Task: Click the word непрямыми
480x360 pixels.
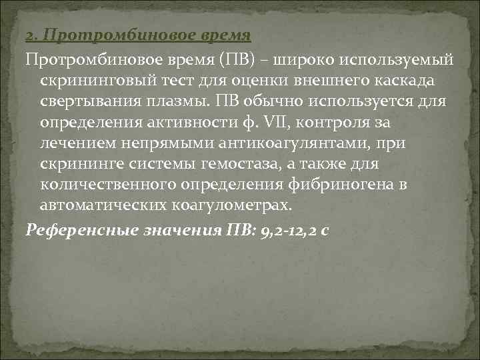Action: (164, 143)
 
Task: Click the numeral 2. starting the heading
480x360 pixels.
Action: (29, 34)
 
